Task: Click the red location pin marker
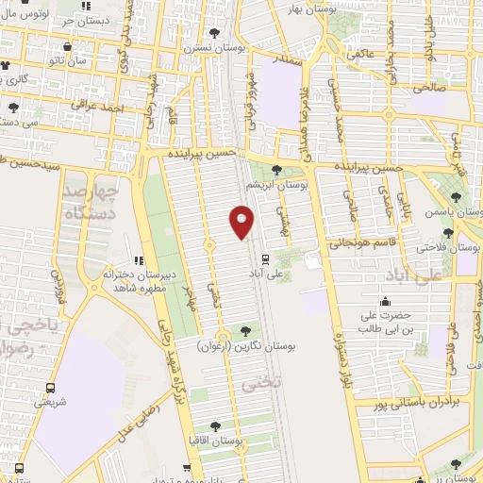(x=242, y=223)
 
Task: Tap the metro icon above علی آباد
(x=264, y=258)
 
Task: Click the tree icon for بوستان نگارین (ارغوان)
(x=246, y=331)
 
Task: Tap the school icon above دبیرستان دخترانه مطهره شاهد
(x=139, y=260)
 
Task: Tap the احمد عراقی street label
(x=104, y=109)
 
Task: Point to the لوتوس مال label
(x=26, y=14)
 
